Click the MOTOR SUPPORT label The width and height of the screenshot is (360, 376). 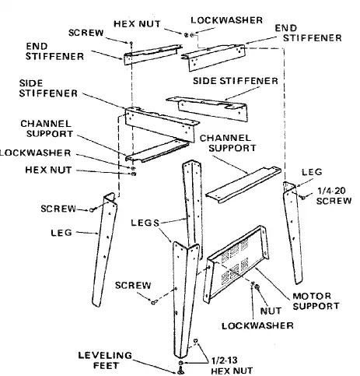316,301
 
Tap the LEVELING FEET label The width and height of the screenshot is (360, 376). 105,360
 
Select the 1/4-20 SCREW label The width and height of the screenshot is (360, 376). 334,196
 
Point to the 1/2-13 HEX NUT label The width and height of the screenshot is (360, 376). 232,366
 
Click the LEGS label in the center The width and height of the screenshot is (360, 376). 145,223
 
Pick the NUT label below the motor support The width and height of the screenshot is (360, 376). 271,311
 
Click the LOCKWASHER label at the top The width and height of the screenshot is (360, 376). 227,20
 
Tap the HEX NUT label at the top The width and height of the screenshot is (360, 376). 137,23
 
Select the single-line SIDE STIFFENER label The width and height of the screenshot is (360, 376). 236,81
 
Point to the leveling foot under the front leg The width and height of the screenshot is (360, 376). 181,371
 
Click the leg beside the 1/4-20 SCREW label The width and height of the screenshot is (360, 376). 292,232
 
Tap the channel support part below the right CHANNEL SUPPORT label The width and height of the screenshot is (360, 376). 243,185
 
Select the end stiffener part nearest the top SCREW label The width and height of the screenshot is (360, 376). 152,54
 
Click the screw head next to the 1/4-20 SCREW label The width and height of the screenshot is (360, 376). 302,197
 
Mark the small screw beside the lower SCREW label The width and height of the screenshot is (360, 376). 153,301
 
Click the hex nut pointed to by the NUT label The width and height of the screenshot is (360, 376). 257,286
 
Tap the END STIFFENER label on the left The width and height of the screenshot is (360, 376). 54,51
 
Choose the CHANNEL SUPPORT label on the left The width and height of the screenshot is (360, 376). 47,128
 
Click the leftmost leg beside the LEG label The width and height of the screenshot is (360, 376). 104,250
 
